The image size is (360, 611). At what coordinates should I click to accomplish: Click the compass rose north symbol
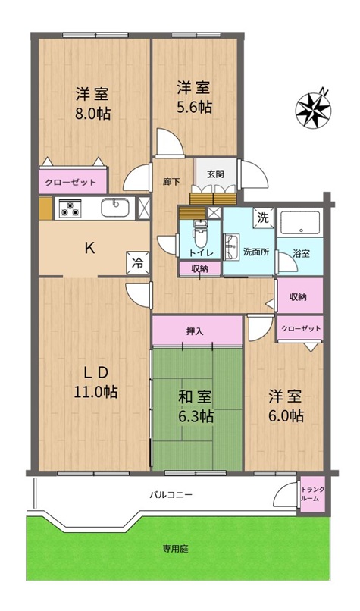click(313, 109)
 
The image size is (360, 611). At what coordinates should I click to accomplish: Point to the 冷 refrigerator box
click(137, 263)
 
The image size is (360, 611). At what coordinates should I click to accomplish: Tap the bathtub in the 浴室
click(299, 224)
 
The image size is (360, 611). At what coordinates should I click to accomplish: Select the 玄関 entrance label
click(215, 174)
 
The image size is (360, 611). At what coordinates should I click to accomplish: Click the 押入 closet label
click(195, 332)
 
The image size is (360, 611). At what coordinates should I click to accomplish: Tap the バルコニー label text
click(171, 495)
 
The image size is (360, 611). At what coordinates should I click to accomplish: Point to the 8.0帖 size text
click(92, 114)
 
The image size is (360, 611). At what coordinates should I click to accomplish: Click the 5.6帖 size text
click(195, 107)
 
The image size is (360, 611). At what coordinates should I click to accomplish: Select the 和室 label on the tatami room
click(195, 398)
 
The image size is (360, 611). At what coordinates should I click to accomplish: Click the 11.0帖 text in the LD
click(95, 392)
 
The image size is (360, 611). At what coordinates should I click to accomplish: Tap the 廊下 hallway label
click(171, 182)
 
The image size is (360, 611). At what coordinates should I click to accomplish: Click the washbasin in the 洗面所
click(231, 247)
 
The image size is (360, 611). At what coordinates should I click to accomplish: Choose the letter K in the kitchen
click(89, 248)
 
